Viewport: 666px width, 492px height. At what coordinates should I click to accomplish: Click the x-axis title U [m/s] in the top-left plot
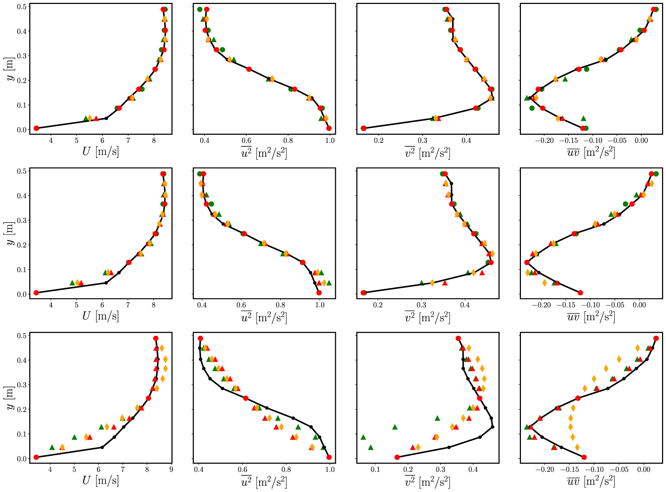click(x=100, y=152)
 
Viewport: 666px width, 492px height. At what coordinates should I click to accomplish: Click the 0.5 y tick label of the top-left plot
click(x=22, y=7)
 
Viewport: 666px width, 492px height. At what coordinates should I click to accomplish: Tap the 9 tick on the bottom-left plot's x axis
click(x=171, y=469)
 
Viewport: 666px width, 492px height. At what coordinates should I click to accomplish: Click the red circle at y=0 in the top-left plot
click(x=36, y=128)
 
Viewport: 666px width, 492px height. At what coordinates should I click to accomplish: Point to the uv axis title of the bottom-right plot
click(x=591, y=481)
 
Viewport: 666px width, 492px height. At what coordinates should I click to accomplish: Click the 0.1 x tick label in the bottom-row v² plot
click(x=375, y=469)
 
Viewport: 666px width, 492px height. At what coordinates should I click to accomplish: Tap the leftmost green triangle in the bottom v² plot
click(x=363, y=437)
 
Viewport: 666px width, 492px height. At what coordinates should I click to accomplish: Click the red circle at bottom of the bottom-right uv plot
click(x=584, y=457)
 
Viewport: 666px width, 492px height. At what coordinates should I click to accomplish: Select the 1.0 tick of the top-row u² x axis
click(x=330, y=140)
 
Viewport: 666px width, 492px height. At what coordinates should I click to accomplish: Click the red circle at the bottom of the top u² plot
click(x=329, y=128)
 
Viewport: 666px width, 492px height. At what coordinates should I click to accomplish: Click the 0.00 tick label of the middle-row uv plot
click(x=639, y=305)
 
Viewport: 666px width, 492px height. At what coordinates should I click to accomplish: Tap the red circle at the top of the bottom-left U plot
click(x=156, y=338)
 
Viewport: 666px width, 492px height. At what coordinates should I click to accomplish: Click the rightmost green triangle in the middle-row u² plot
click(x=329, y=283)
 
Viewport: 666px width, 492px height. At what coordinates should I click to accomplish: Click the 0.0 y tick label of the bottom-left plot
click(x=22, y=459)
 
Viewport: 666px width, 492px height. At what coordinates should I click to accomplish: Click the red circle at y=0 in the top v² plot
click(x=364, y=128)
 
